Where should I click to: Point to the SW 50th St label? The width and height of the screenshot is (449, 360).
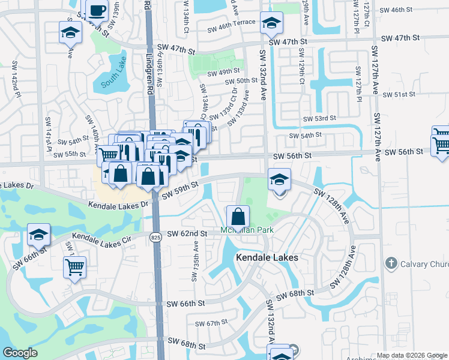click(238, 81)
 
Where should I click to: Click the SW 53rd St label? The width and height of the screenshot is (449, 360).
click(318, 119)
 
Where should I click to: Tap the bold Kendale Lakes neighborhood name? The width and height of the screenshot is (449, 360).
click(267, 257)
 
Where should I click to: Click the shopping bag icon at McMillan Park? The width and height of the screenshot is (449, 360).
click(238, 217)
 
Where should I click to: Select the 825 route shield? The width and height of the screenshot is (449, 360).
click(156, 238)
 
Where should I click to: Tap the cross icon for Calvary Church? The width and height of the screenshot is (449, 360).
click(391, 263)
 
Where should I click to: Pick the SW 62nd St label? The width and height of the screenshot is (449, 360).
click(187, 233)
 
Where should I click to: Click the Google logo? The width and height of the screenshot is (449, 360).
click(20, 353)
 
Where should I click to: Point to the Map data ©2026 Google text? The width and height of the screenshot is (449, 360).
click(411, 355)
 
